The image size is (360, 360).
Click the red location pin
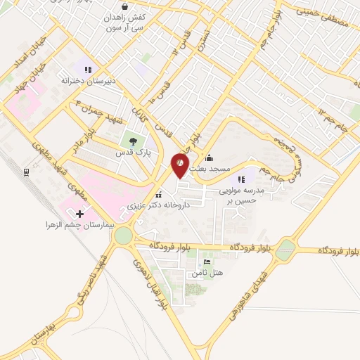(x=180, y=165)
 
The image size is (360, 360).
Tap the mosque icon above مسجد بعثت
(x=210, y=157)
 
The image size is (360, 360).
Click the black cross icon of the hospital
(x=79, y=214)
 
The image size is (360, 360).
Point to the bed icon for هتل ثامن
(x=206, y=262)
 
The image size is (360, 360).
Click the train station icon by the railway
(x=26, y=171)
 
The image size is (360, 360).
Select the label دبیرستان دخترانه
(x=87, y=80)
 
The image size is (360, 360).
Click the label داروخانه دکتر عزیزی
(x=158, y=207)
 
